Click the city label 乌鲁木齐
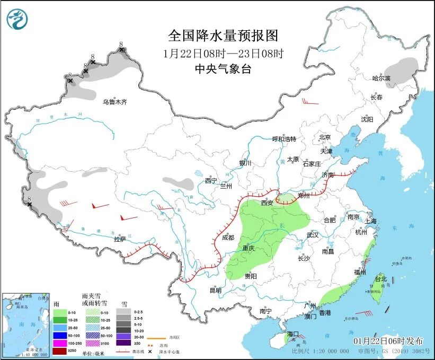click(115, 102)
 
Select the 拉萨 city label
click(120, 239)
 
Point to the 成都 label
click(228, 238)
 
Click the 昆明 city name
click(215, 290)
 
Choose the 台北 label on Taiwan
click(380, 279)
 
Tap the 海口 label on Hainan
click(293, 334)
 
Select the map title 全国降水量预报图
click(223, 36)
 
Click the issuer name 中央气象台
click(223, 68)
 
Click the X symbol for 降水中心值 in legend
click(150, 352)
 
